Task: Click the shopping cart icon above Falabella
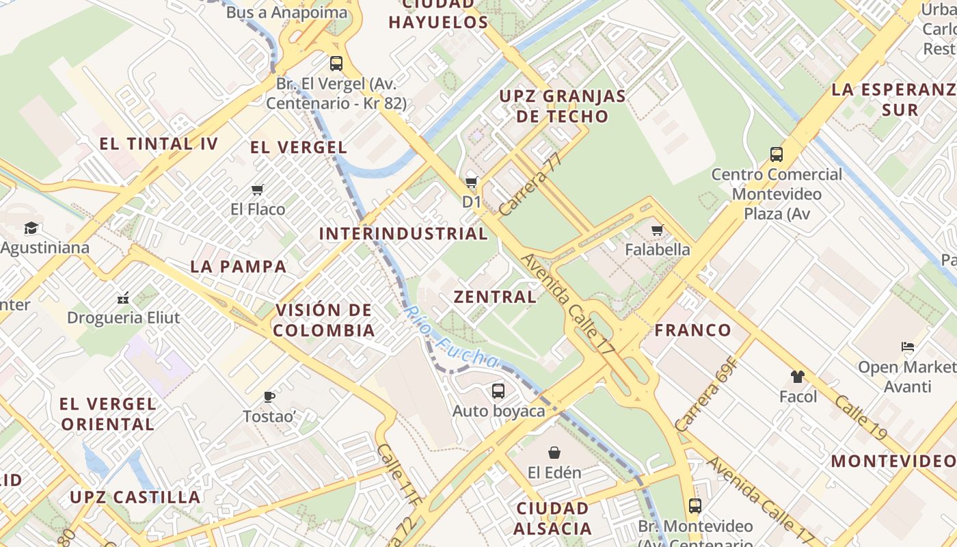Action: pyautogui.click(x=657, y=230)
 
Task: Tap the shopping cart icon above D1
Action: pyautogui.click(x=471, y=182)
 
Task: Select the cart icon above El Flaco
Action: pyautogui.click(x=257, y=189)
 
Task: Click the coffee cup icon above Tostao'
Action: pyautogui.click(x=269, y=397)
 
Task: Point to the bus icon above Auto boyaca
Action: pyautogui.click(x=498, y=391)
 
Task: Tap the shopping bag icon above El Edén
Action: pyautogui.click(x=554, y=453)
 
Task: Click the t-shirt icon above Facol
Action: pyautogui.click(x=797, y=376)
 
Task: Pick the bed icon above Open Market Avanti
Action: pyautogui.click(x=908, y=347)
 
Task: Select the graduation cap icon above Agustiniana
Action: pyautogui.click(x=31, y=228)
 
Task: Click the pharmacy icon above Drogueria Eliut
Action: pyautogui.click(x=123, y=298)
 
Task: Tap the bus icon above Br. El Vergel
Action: pyautogui.click(x=336, y=64)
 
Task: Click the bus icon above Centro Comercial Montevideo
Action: pyautogui.click(x=776, y=155)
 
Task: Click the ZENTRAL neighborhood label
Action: pyautogui.click(x=496, y=297)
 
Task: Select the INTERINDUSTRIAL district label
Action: pyautogui.click(x=403, y=233)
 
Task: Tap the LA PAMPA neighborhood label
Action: pyautogui.click(x=239, y=267)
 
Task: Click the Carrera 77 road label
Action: pyautogui.click(x=530, y=184)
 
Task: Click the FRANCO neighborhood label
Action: pyautogui.click(x=693, y=330)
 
